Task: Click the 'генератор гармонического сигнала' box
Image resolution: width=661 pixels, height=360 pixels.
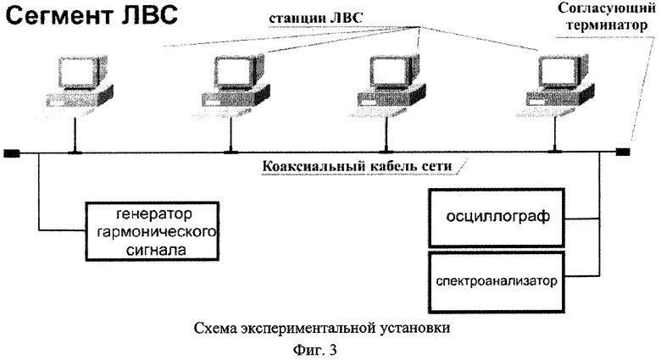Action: pos(153,230)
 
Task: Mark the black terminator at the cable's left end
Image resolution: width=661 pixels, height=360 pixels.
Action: pos(10,153)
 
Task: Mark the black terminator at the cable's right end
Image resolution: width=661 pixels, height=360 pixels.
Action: pos(623,152)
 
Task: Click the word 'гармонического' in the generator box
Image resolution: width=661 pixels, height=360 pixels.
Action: pos(153,230)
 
